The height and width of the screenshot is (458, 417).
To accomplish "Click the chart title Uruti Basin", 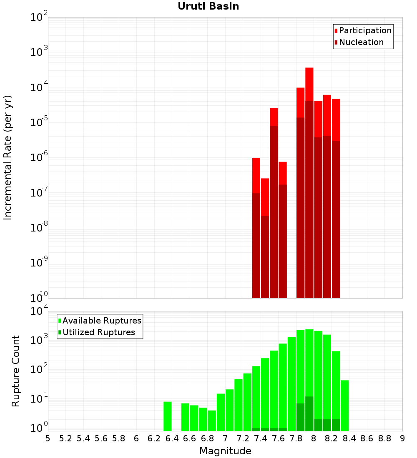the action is (x=208, y=6).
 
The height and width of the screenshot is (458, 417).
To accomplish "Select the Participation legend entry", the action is (x=363, y=30).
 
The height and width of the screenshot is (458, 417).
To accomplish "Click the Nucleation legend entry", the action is (x=359, y=42).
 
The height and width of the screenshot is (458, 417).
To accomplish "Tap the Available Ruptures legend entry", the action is (x=100, y=321).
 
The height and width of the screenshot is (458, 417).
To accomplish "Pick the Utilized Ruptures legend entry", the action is (x=97, y=332).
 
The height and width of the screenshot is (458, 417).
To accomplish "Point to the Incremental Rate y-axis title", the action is (x=8, y=157).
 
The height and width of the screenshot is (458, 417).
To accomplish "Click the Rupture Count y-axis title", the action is (x=15, y=371).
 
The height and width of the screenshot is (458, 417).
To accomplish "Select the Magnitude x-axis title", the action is (x=225, y=451).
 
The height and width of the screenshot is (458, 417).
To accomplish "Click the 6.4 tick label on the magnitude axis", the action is (x=172, y=439).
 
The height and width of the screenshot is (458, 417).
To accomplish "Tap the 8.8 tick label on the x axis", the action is (x=384, y=439).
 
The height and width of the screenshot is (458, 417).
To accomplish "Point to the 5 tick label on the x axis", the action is (x=48, y=439).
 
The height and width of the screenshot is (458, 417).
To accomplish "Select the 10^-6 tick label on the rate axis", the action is (x=39, y=157).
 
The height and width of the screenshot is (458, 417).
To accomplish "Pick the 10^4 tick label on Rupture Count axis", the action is (x=39, y=310).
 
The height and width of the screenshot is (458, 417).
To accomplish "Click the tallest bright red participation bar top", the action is (x=309, y=68).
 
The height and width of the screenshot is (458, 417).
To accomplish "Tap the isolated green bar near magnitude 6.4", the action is (x=167, y=416).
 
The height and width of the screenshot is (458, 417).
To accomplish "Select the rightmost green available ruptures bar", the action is (x=345, y=406).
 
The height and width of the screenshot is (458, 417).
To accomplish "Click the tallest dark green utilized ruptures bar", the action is (x=309, y=413).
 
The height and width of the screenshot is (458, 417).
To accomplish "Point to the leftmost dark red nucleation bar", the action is (x=256, y=246).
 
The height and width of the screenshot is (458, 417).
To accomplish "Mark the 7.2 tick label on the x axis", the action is (x=243, y=439).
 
